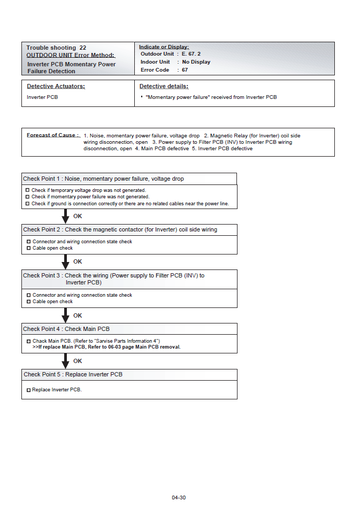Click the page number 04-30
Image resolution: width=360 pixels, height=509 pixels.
[179, 498]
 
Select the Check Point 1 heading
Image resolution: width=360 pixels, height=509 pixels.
[103, 179]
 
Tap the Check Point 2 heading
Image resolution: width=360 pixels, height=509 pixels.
[120, 229]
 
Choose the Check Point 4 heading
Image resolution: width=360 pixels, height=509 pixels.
[66, 329]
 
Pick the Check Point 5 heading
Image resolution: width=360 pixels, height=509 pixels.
[73, 374]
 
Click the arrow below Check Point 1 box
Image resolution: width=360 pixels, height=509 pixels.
[66, 217]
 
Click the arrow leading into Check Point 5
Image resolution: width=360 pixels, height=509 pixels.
[66, 361]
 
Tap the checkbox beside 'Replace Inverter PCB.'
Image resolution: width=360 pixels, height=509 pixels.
[28, 390]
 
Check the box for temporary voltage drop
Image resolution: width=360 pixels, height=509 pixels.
[27, 190]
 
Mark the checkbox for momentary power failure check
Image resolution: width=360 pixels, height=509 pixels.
[27, 197]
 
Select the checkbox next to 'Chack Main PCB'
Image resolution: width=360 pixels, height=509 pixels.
[28, 341]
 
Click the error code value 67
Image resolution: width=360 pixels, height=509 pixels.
[185, 70]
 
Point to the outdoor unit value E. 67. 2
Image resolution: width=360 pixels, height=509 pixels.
[191, 54]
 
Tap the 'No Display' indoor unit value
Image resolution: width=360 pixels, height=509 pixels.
[196, 62]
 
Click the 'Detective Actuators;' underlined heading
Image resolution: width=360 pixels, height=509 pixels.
[56, 86]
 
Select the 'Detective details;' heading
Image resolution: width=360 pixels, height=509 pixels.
[164, 86]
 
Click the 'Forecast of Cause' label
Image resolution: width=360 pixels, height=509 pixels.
[53, 135]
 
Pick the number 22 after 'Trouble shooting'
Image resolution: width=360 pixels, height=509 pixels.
[83, 48]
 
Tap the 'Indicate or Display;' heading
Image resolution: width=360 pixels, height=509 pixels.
[164, 47]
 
